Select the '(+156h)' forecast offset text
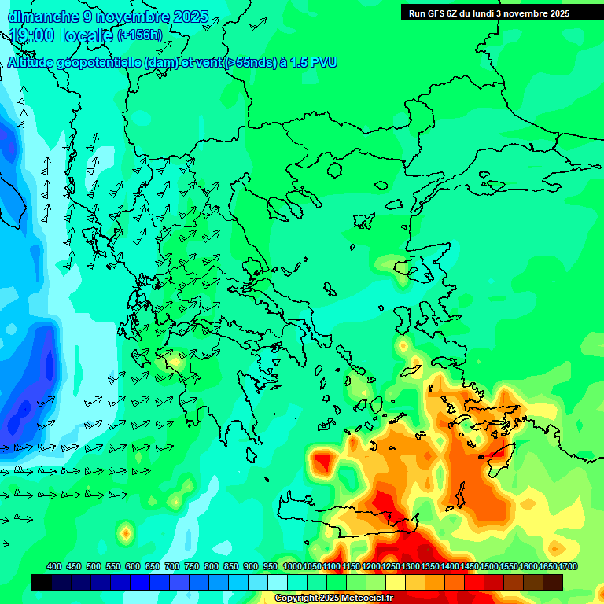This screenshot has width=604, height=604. (x=140, y=35)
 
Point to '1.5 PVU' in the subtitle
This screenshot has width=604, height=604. (x=314, y=63)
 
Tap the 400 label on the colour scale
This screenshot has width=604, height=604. (x=54, y=566)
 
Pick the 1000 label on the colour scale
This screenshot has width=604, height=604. (x=293, y=566)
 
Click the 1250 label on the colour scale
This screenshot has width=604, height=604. (x=391, y=566)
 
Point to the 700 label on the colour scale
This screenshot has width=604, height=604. (x=172, y=566)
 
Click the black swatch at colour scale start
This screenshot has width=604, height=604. (x=42, y=582)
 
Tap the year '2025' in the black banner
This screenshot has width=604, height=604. (x=559, y=13)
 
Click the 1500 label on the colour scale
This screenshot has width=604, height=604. (x=489, y=566)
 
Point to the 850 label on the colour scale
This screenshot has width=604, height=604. (x=231, y=566)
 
